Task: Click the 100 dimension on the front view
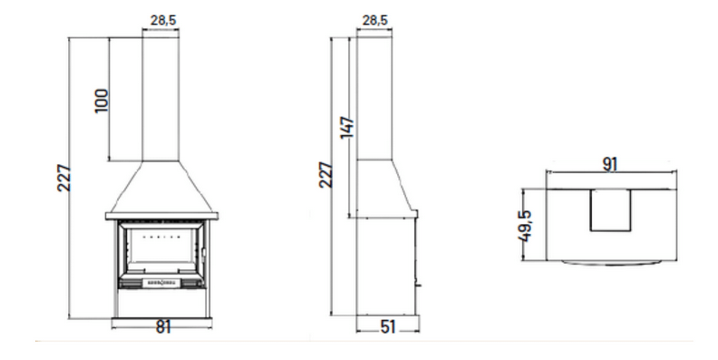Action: pyautogui.click(x=102, y=101)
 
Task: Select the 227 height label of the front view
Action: pyautogui.click(x=64, y=178)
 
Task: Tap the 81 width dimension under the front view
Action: pyautogui.click(x=163, y=327)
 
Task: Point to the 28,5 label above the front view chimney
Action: pyautogui.click(x=163, y=21)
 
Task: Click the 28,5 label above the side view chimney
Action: pyautogui.click(x=375, y=21)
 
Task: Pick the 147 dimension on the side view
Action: pyautogui.click(x=347, y=127)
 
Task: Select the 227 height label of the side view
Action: pyautogui.click(x=325, y=174)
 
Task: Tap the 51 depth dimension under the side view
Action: pyautogui.click(x=387, y=327)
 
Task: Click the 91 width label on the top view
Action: pyautogui.click(x=610, y=164)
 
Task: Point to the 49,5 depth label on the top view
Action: pyautogui.click(x=525, y=226)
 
